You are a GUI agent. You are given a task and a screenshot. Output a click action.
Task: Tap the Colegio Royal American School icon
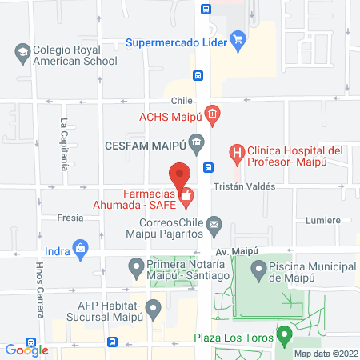coord(22,54)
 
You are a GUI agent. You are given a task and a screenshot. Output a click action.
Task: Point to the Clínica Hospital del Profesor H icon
coord(237,151)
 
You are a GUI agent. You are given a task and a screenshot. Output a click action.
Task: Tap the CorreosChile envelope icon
coord(214,227)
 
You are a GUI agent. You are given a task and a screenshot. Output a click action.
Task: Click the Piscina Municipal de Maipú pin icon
coord(258,270)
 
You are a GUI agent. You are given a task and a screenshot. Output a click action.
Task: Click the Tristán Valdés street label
coord(244,186)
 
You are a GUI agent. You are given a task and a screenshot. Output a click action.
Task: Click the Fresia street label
coord(70,218)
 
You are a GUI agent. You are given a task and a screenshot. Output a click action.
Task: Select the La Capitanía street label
coord(63,145)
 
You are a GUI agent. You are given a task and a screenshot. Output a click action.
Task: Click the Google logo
coord(26,350)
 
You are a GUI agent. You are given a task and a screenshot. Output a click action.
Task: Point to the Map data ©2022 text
coord(324,353)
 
